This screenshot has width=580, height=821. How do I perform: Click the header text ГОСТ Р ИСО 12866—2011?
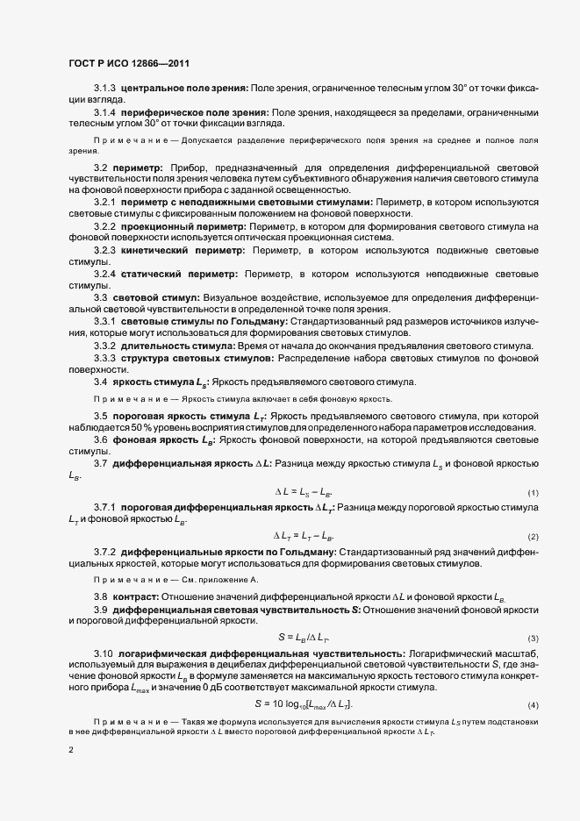pyautogui.click(x=128, y=64)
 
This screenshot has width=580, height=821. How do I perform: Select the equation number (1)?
pyautogui.click(x=533, y=493)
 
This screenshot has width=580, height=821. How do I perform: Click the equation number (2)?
pyautogui.click(x=533, y=536)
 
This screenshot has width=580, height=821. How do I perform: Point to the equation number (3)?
pyautogui.click(x=533, y=638)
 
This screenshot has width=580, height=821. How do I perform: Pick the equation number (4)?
pyautogui.click(x=533, y=681)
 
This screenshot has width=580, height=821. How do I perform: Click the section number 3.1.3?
pyautogui.click(x=104, y=89)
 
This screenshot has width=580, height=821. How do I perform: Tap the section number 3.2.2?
pyautogui.click(x=104, y=227)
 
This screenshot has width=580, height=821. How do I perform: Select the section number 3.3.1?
pyautogui.click(x=104, y=323)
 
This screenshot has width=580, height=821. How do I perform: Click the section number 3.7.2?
pyautogui.click(x=104, y=552)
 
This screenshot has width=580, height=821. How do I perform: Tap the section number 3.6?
pyautogui.click(x=100, y=439)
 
